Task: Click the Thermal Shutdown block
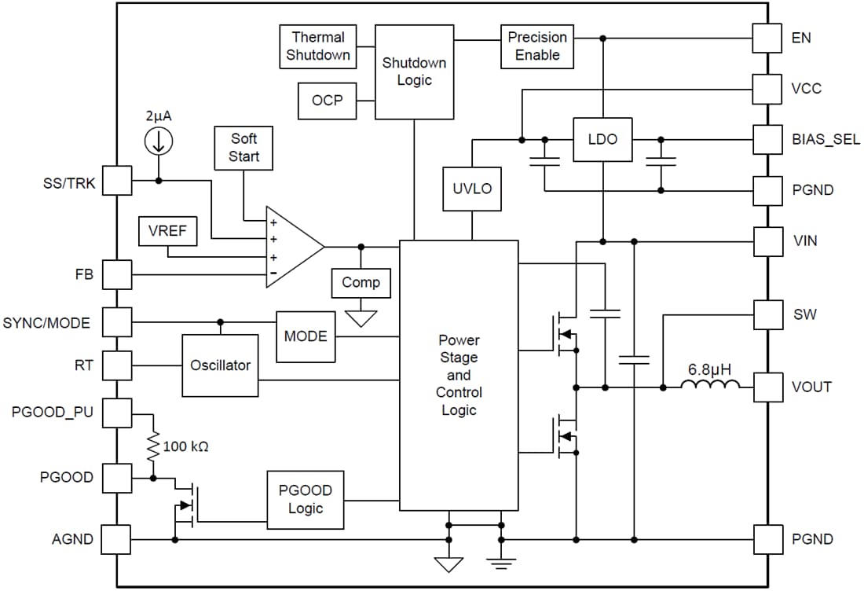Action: coord(318,46)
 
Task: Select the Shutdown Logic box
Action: coord(414,72)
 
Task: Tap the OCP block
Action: coord(327,101)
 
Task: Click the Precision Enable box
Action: coord(537,46)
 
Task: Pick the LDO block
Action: coord(602,139)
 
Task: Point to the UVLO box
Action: coord(472,189)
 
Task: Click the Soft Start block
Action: coord(244,147)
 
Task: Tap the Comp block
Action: coord(361,282)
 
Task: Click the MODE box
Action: coord(306,336)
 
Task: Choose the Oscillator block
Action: coord(220,365)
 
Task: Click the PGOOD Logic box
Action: coord(306,499)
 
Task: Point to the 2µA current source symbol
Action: coord(159,141)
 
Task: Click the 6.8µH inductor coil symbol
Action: coord(710,385)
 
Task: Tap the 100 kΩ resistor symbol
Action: coord(152,446)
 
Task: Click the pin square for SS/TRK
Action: coord(117,181)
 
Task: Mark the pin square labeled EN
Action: coord(767,38)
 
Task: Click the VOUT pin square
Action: coord(767,387)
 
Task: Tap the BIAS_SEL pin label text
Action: coord(826,140)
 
